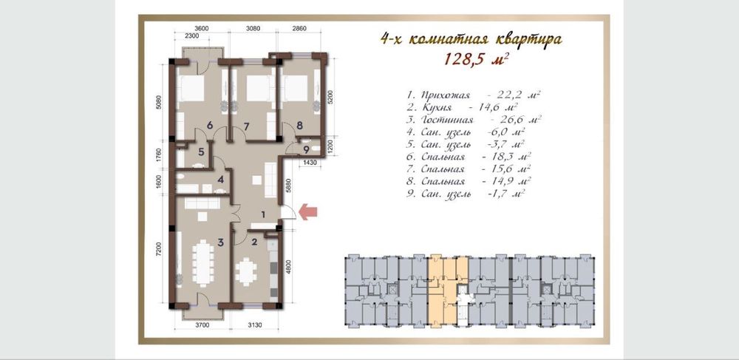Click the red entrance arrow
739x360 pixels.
(308, 211)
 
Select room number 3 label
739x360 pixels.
(220, 242)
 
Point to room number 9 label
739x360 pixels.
(306, 150)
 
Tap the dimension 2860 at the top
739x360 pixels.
(299, 28)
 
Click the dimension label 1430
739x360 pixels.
(309, 163)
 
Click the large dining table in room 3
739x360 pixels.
(203, 263)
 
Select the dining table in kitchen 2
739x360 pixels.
(245, 273)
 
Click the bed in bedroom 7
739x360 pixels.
(256, 88)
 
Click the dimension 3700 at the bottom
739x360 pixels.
(202, 325)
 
